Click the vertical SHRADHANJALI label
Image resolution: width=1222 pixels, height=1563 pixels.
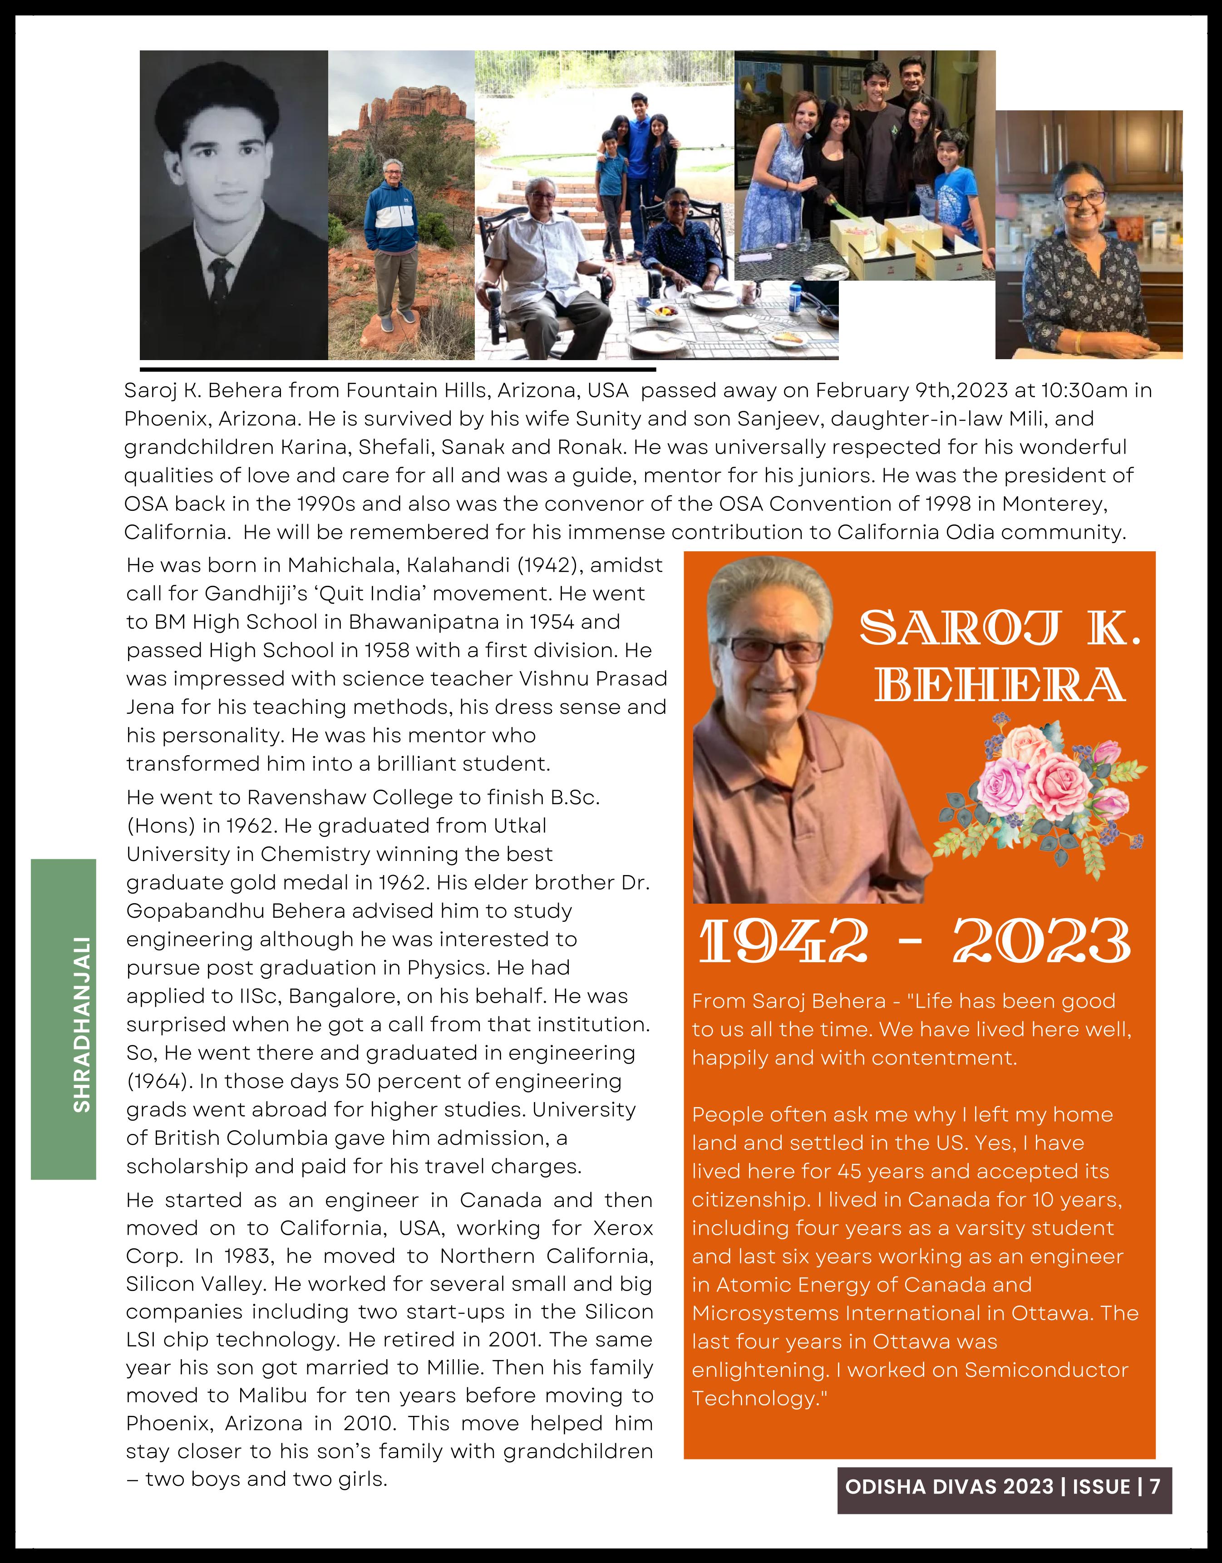point(82,1024)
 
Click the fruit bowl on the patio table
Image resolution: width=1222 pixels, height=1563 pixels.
point(662,312)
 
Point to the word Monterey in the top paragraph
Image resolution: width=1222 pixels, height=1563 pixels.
point(1054,504)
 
